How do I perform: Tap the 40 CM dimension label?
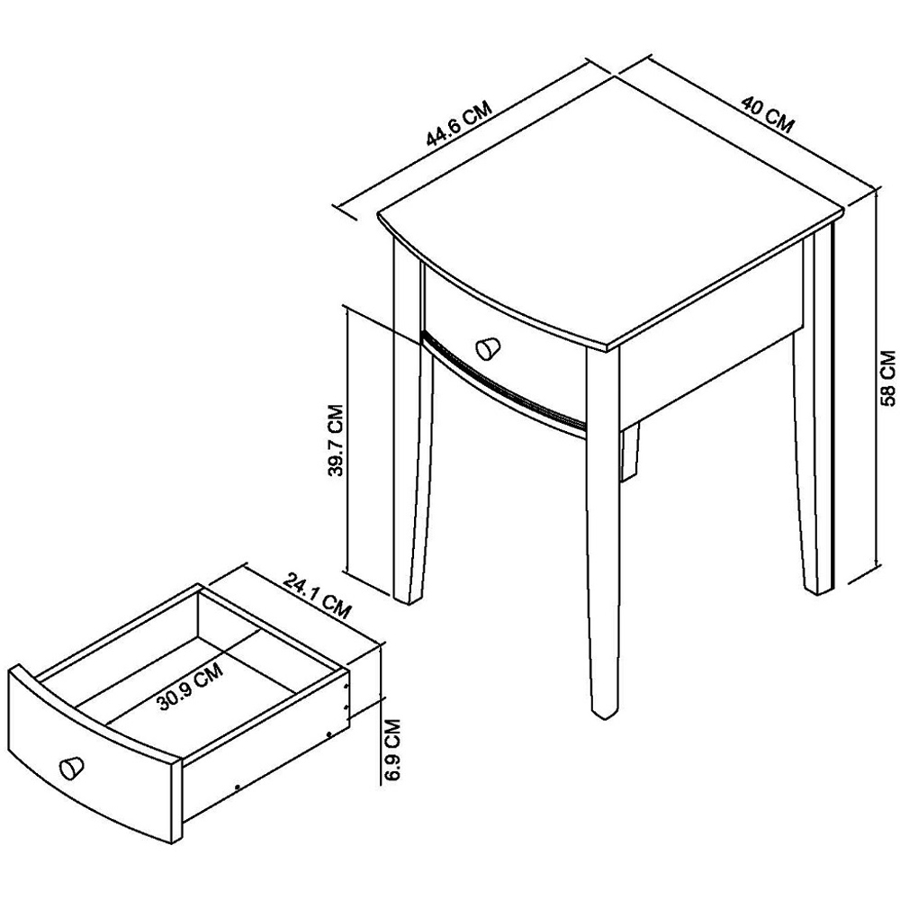[768, 115]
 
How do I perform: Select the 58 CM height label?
[888, 378]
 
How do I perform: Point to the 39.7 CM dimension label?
[335, 440]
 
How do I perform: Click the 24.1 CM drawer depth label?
[316, 596]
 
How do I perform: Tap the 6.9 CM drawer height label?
[392, 750]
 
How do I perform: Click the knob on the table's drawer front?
[489, 348]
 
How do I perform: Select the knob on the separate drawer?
[72, 767]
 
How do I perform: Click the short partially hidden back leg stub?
[630, 451]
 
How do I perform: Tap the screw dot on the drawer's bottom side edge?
[238, 787]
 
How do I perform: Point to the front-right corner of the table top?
[608, 348]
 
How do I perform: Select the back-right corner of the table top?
[844, 210]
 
